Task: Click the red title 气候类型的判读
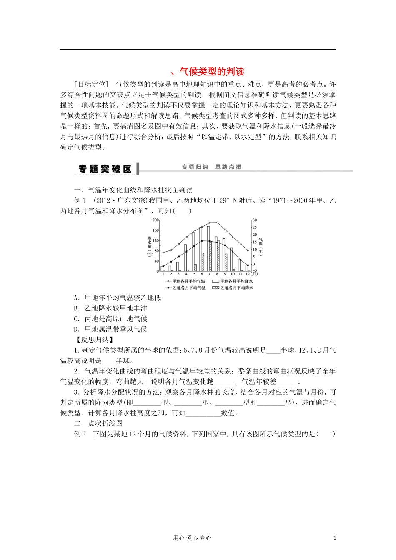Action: tap(211, 71)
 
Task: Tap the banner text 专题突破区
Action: tap(105, 169)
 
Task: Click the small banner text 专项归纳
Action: tap(194, 167)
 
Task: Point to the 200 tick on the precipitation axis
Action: tap(155, 220)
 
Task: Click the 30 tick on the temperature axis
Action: tap(255, 220)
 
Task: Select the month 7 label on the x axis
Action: tap(209, 274)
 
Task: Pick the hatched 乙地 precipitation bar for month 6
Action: tap(203, 262)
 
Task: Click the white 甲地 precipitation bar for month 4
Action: tap(185, 258)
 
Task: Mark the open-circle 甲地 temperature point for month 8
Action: tap(217, 222)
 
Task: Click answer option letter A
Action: tap(76, 298)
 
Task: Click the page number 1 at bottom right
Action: tap(334, 538)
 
